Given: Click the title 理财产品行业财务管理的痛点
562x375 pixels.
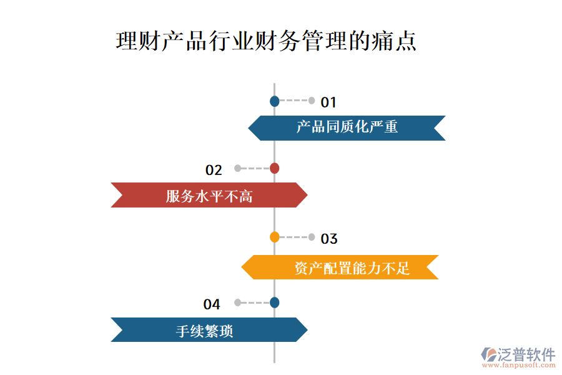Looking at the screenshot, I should click(266, 42).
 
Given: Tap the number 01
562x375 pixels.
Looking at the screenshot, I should click(328, 102).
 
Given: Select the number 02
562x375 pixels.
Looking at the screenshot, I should click(214, 170).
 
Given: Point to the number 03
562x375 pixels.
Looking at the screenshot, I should click(329, 239).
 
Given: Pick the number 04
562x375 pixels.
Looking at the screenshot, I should click(212, 304).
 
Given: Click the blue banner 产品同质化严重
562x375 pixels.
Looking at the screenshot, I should click(347, 127).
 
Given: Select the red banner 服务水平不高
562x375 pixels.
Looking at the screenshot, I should click(209, 196).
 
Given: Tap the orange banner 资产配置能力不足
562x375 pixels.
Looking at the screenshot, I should click(340, 267).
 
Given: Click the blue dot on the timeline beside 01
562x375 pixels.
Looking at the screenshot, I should click(274, 101).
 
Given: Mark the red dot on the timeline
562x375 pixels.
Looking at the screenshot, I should click(274, 168).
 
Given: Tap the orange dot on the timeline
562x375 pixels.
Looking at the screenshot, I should click(274, 237).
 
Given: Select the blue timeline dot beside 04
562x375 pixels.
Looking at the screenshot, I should click(274, 302).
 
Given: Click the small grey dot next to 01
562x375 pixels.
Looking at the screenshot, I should click(312, 101).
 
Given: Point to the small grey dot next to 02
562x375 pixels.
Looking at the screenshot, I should click(237, 168).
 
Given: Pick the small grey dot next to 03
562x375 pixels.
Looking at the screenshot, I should click(312, 237).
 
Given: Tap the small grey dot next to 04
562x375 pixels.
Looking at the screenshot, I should click(237, 302).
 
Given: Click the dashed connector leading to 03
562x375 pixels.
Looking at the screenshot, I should click(293, 237).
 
